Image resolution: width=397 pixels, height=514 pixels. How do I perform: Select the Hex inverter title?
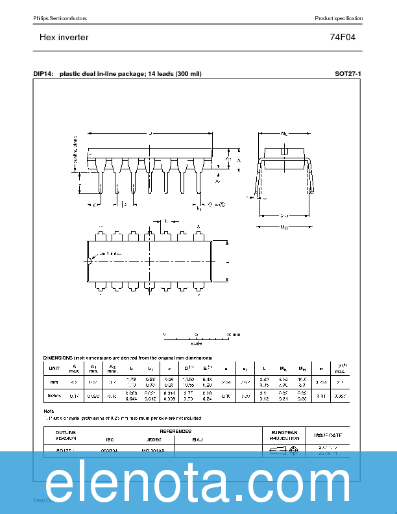(x=64, y=38)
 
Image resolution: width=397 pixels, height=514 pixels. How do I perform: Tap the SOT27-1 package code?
(x=348, y=74)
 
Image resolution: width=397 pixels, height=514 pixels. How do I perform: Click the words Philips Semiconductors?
(x=60, y=18)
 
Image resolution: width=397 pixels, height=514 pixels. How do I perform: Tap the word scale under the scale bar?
(x=196, y=343)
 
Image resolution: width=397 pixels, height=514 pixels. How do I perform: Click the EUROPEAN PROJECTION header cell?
(x=283, y=435)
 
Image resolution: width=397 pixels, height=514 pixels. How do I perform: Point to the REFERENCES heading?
(x=175, y=431)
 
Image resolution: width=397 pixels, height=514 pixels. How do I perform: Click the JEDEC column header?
(x=154, y=439)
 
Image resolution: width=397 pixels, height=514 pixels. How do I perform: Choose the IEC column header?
(x=109, y=439)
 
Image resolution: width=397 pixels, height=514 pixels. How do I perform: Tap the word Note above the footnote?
(x=49, y=411)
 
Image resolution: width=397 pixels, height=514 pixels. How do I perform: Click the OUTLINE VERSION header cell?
(x=66, y=435)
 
